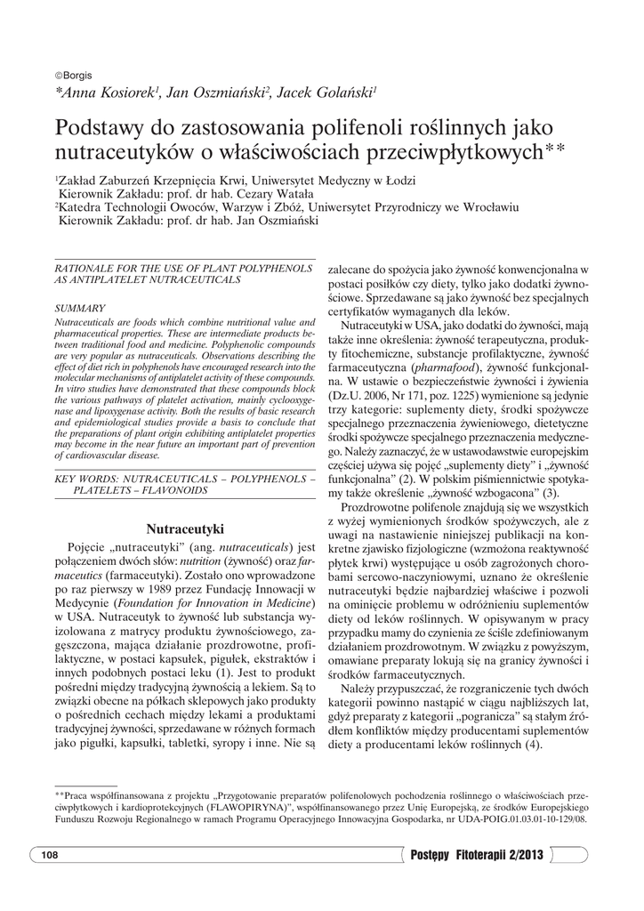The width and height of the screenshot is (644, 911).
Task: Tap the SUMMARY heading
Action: [80, 308]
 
